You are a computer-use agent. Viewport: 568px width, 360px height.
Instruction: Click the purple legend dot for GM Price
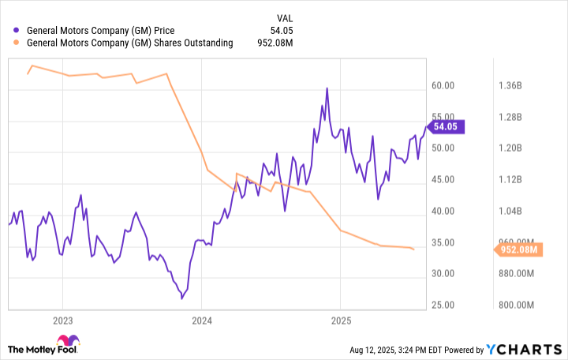pyautogui.click(x=17, y=30)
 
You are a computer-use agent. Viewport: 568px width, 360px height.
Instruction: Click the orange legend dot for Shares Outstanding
pyautogui.click(x=17, y=43)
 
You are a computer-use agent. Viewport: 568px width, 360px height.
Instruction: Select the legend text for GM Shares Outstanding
pyautogui.click(x=129, y=43)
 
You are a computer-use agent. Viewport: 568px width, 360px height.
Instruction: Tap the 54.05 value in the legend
pyautogui.click(x=288, y=30)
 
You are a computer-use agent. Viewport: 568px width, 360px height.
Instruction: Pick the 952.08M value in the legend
pyautogui.click(x=281, y=43)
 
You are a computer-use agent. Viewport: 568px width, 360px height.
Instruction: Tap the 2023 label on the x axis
pyautogui.click(x=62, y=320)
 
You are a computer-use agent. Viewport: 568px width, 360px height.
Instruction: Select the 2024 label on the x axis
pyautogui.click(x=201, y=320)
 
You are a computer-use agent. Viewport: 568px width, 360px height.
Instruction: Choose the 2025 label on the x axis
pyautogui.click(x=340, y=320)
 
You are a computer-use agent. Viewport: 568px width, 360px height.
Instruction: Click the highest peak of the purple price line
pyautogui.click(x=327, y=88)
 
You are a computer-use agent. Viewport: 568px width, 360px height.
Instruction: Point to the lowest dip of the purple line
pyautogui.click(x=182, y=298)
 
